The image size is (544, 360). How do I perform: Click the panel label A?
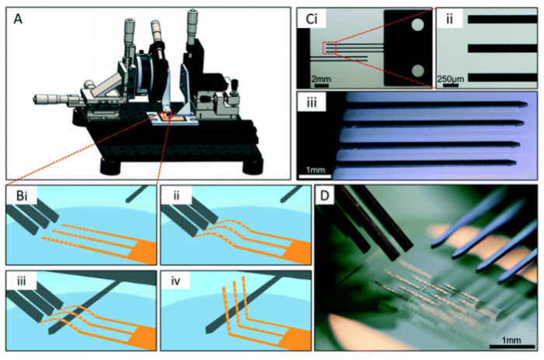[x=18, y=19]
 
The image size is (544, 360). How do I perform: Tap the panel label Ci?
[x=311, y=19]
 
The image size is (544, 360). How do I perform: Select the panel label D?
[x=324, y=196]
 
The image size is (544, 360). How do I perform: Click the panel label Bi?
[x=22, y=196]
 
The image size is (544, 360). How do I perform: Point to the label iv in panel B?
[x=176, y=281]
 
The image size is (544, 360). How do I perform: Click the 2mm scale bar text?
[x=321, y=79]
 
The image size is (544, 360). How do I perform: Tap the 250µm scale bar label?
[x=450, y=79]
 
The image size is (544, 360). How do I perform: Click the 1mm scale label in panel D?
[x=511, y=340]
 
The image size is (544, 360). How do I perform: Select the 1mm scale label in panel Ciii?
[x=315, y=170]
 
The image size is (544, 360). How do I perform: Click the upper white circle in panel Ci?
[x=417, y=25]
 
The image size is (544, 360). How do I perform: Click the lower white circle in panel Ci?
[x=417, y=72]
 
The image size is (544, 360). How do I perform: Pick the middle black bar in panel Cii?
[x=502, y=48]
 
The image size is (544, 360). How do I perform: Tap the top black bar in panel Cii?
[x=502, y=19]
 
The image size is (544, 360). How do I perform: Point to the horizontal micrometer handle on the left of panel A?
[x=51, y=100]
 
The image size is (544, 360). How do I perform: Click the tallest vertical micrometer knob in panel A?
[x=192, y=24]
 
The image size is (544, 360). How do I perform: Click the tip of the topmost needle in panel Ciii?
[x=527, y=104]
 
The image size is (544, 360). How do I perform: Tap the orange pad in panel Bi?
[x=144, y=251]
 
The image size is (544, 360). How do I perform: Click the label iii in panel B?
[x=22, y=281]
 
